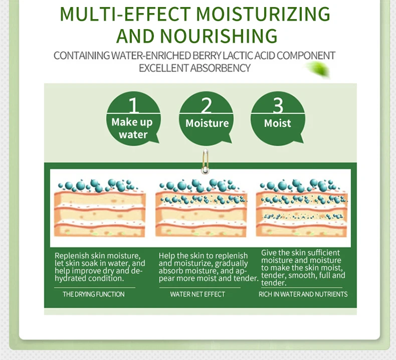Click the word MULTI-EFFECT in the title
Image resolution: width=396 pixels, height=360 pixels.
point(125,14)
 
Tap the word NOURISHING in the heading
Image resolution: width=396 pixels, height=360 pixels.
point(219,36)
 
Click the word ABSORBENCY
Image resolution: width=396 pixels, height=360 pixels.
point(220,68)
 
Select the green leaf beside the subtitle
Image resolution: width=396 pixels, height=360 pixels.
point(318,69)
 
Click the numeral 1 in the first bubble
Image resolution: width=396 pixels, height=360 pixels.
point(134,105)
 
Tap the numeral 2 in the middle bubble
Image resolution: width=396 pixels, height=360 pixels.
point(206,105)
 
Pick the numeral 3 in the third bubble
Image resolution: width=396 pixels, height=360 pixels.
point(278,105)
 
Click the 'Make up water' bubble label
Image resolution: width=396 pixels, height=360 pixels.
point(132,128)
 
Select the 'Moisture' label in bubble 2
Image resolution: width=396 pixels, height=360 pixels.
point(207,123)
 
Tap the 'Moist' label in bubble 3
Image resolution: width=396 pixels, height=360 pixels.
point(277,123)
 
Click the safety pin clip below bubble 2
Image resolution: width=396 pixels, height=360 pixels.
point(206,161)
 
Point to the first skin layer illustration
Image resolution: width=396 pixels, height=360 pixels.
point(100,208)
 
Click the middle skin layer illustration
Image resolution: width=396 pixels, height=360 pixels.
point(201,208)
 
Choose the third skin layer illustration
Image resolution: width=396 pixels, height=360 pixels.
point(302,208)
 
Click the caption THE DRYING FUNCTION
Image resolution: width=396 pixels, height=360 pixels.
point(94,294)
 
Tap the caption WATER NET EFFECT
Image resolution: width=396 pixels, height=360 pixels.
point(197,294)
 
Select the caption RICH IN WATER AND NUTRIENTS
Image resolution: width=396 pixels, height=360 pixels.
point(303,294)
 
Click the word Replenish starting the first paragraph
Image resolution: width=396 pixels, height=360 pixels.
point(72,256)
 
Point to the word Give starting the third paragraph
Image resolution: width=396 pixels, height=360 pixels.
point(269,253)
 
